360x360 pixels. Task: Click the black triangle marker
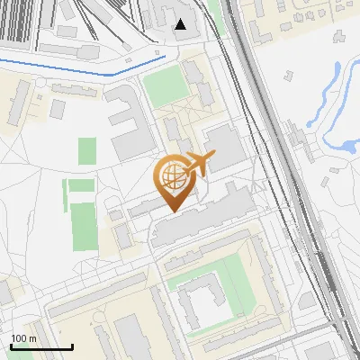pos(181,24)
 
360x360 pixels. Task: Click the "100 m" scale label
pos(23,338)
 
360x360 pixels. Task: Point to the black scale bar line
pos(41,346)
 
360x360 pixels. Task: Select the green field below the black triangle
pos(163,87)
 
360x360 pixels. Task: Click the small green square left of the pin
pos(87,151)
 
